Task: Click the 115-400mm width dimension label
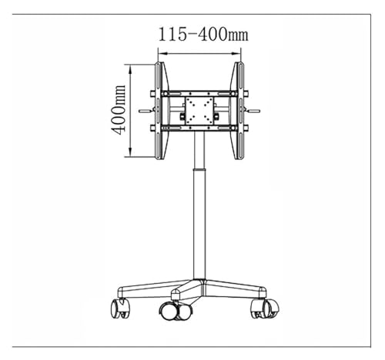tap(203, 35)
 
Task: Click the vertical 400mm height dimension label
tap(119, 110)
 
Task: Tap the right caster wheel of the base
tap(266, 308)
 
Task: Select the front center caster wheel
tap(175, 311)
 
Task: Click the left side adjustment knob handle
tap(146, 111)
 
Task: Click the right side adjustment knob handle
tap(253, 111)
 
